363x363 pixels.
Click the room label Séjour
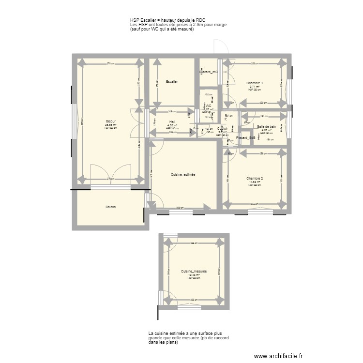coord(110,121)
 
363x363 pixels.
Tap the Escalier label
coord(171,82)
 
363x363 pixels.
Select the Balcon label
coord(110,207)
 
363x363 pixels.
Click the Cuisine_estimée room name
coord(183,174)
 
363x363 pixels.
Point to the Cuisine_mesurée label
coord(194,272)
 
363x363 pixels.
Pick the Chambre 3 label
coord(255,83)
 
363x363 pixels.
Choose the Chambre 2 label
coord(255,178)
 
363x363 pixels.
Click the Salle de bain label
coord(267,126)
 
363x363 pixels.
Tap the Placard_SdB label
coord(245,138)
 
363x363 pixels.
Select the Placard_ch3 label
coord(208,72)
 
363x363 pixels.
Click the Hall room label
coord(172,122)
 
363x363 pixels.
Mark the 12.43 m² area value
coord(194,275)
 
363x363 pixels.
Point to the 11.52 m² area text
coord(255,182)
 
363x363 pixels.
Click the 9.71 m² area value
coord(255,87)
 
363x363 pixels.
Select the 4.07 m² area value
coord(267,130)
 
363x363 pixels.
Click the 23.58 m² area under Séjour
coord(110,124)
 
